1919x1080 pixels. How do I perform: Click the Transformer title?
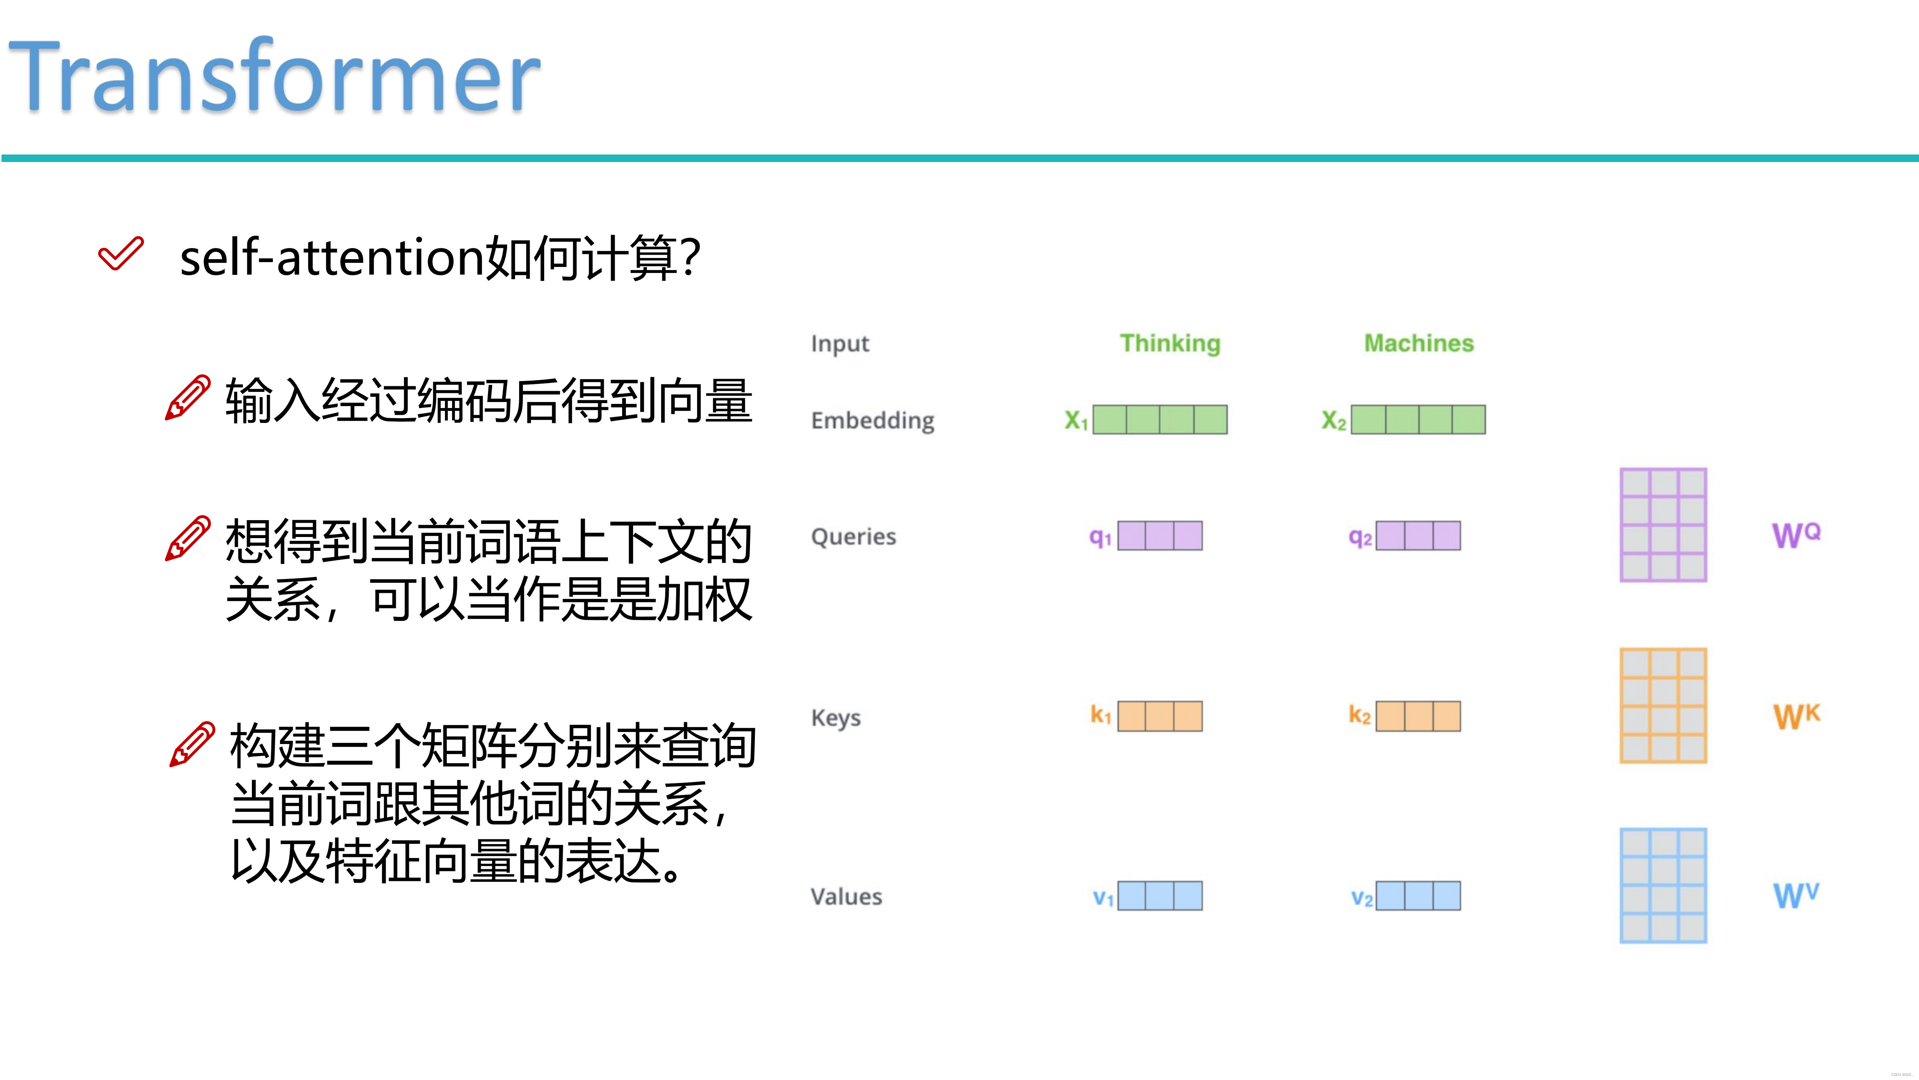274,76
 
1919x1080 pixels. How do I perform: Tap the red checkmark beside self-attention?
120,254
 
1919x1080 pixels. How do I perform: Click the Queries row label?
853,537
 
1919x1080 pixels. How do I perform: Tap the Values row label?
846,897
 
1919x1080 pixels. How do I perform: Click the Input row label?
840,343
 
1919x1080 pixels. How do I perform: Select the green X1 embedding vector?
1159,420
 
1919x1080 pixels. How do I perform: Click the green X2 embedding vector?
1418,420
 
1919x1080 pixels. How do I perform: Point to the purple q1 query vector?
1159,536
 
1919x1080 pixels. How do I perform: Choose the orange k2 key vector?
1418,716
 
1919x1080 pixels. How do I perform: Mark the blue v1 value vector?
1159,896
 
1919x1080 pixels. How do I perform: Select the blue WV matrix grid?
1663,885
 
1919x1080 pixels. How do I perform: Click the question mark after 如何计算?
690,258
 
